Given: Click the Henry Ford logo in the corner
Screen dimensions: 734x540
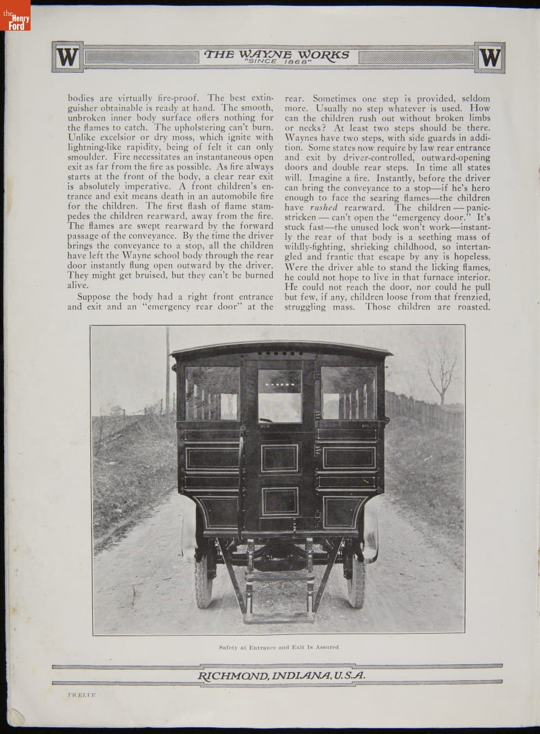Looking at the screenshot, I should (15, 15).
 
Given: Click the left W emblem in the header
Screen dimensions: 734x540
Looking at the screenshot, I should (67, 57).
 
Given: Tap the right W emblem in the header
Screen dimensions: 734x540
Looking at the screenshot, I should (489, 57).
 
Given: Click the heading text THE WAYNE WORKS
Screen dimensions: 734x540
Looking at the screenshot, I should (277, 54).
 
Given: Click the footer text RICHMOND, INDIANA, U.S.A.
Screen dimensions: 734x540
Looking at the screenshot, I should (282, 675).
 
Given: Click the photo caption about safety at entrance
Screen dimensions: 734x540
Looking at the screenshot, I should (279, 647).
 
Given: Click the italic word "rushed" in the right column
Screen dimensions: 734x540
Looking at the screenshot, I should (324, 207).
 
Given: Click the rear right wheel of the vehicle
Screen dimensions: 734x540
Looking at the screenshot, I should (356, 581).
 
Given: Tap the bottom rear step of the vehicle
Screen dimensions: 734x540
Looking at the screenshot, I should (279, 616).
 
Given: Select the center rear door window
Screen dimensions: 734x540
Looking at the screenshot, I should (279, 396).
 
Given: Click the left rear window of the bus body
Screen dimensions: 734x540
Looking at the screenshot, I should (212, 393).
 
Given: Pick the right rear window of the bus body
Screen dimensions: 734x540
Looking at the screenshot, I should (349, 393).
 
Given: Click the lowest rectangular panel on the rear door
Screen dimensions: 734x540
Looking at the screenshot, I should (279, 502).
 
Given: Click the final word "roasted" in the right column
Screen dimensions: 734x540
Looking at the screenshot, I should (470, 306).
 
